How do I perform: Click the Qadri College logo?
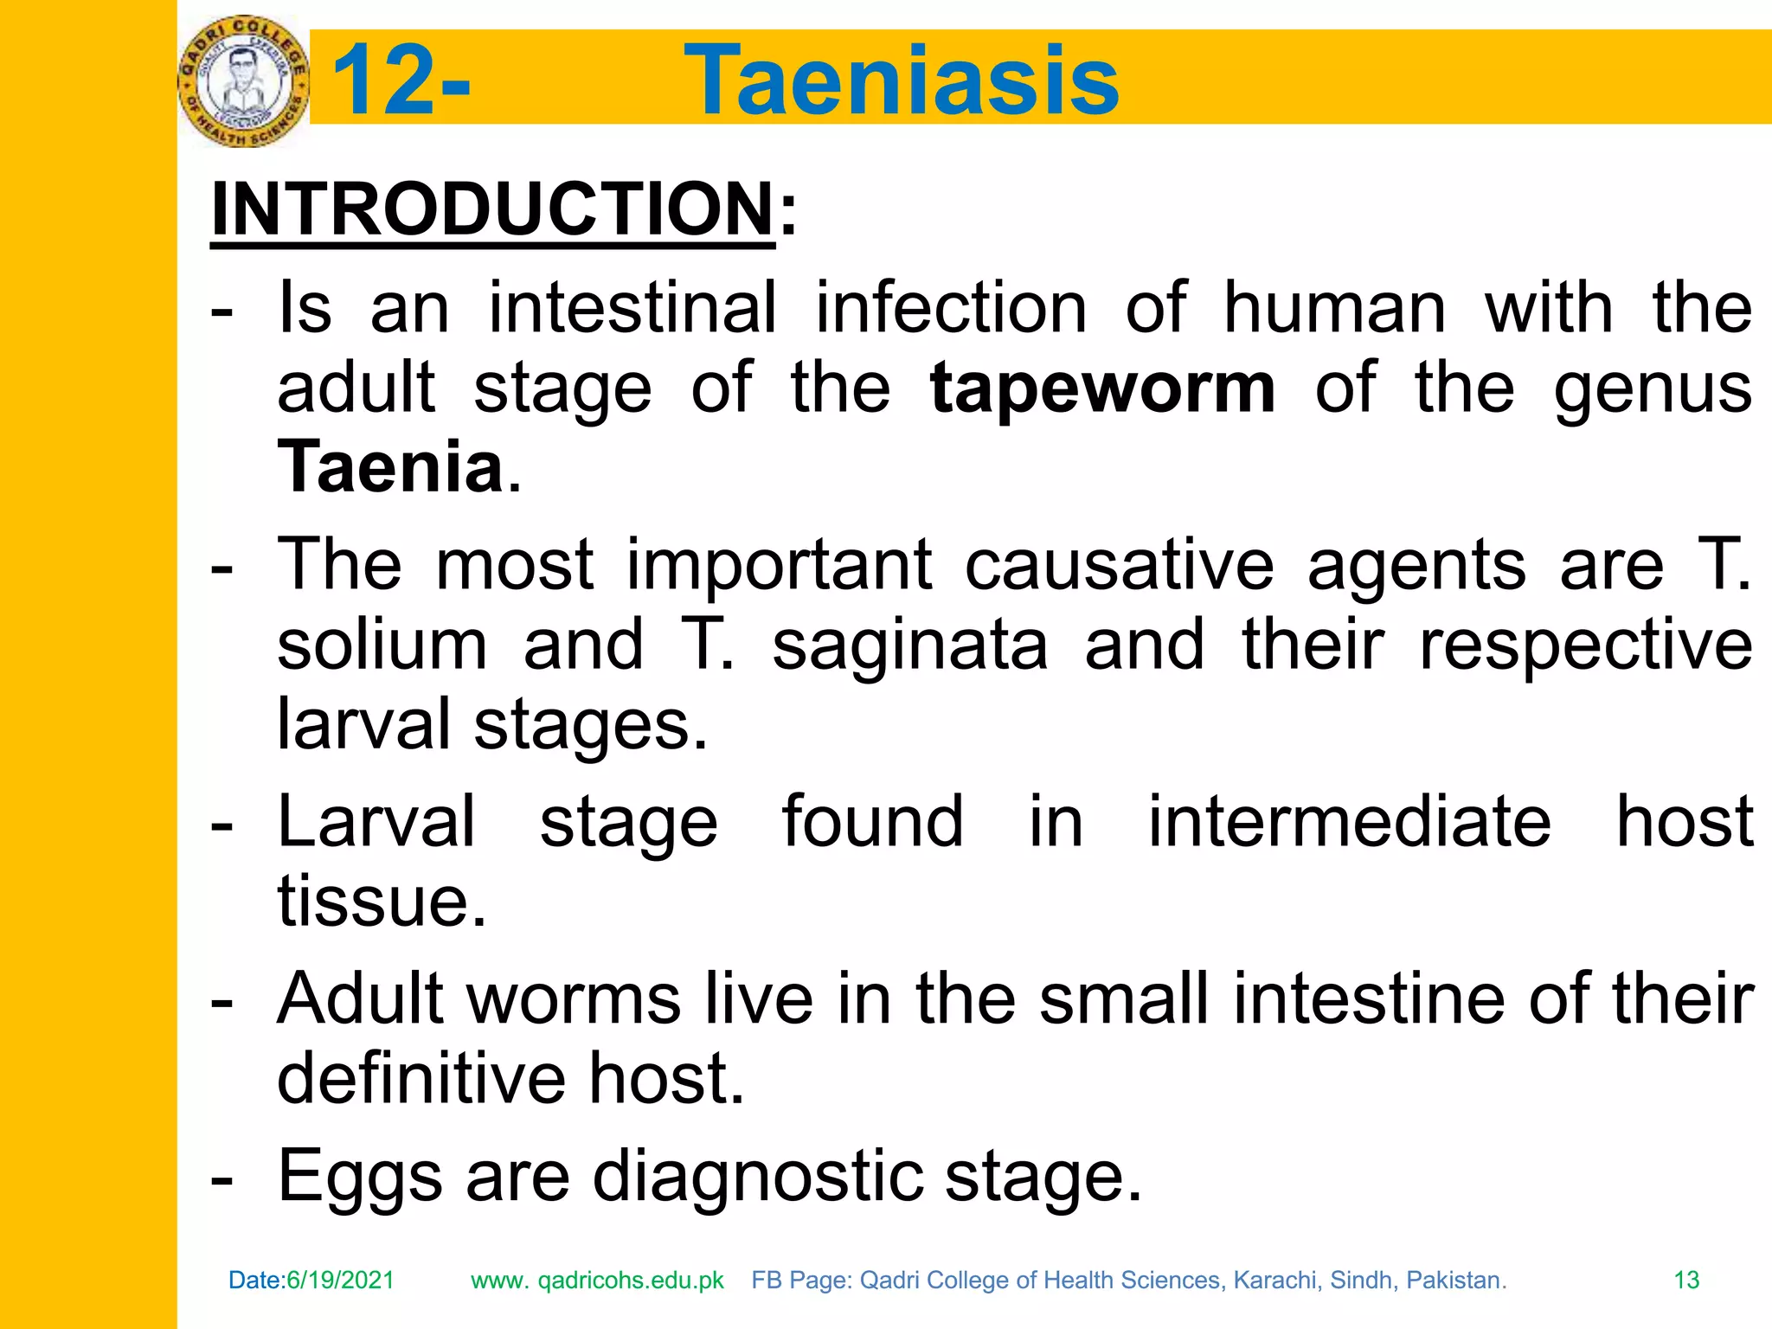pos(243,81)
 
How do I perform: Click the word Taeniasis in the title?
pos(902,80)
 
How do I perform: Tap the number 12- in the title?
pos(401,80)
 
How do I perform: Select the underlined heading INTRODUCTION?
pos(492,209)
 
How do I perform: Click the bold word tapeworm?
pos(1102,388)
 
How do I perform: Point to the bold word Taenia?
pos(390,467)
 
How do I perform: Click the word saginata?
pos(909,645)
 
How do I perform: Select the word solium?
pos(382,645)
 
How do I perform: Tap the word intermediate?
pos(1349,821)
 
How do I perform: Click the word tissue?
pos(382,902)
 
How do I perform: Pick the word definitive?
pos(421,1078)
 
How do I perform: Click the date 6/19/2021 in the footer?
pos(340,1280)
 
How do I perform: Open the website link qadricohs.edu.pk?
pos(631,1281)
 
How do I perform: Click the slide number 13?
pos(1686,1280)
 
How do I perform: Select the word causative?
pos(1120,565)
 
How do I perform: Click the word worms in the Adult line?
pos(574,998)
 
